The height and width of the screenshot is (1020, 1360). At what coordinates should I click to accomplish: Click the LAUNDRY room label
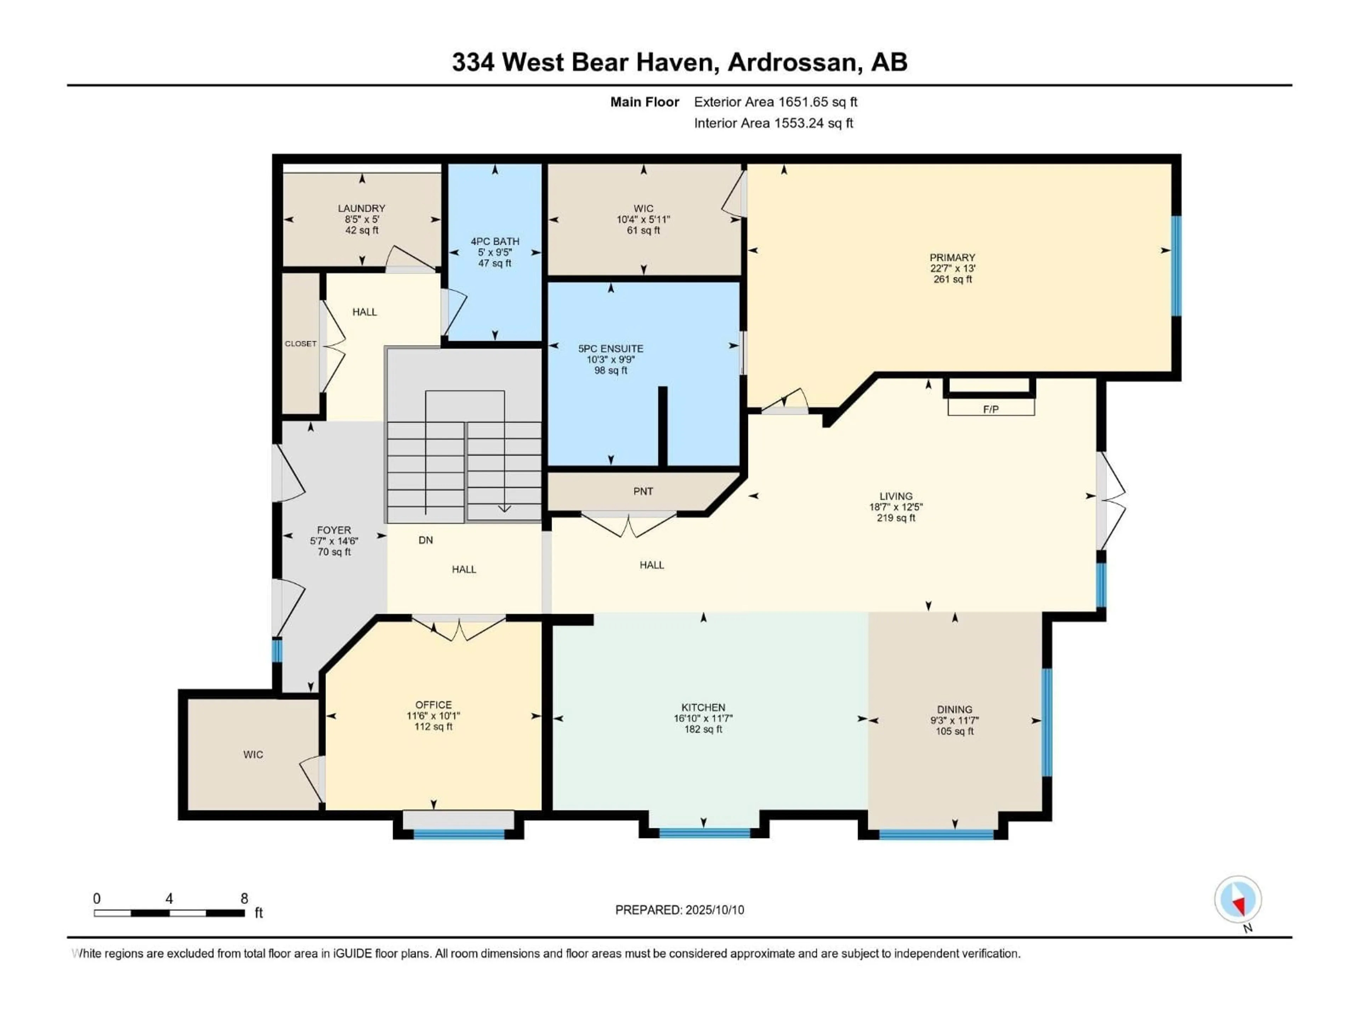[362, 208]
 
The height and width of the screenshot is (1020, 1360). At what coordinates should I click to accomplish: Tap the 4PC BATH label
[495, 242]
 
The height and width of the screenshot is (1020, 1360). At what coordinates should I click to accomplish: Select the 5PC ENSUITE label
[611, 348]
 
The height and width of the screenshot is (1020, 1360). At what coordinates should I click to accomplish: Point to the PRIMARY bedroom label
[952, 257]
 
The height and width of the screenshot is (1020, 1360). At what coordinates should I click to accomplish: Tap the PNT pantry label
[643, 491]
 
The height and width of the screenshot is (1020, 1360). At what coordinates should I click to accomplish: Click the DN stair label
[425, 540]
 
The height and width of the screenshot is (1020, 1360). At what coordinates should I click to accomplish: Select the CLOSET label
[301, 344]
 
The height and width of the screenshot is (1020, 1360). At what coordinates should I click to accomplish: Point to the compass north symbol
[1238, 900]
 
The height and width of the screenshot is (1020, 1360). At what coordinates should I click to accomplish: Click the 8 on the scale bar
[244, 898]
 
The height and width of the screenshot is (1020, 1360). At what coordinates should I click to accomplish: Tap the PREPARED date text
[679, 910]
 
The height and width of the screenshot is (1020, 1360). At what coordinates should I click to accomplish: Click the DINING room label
[955, 709]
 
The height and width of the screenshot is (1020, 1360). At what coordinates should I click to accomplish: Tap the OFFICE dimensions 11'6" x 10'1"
[433, 716]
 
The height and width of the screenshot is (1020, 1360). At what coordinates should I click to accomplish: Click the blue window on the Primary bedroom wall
[1176, 266]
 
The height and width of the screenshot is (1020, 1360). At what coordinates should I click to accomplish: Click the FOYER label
[334, 530]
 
